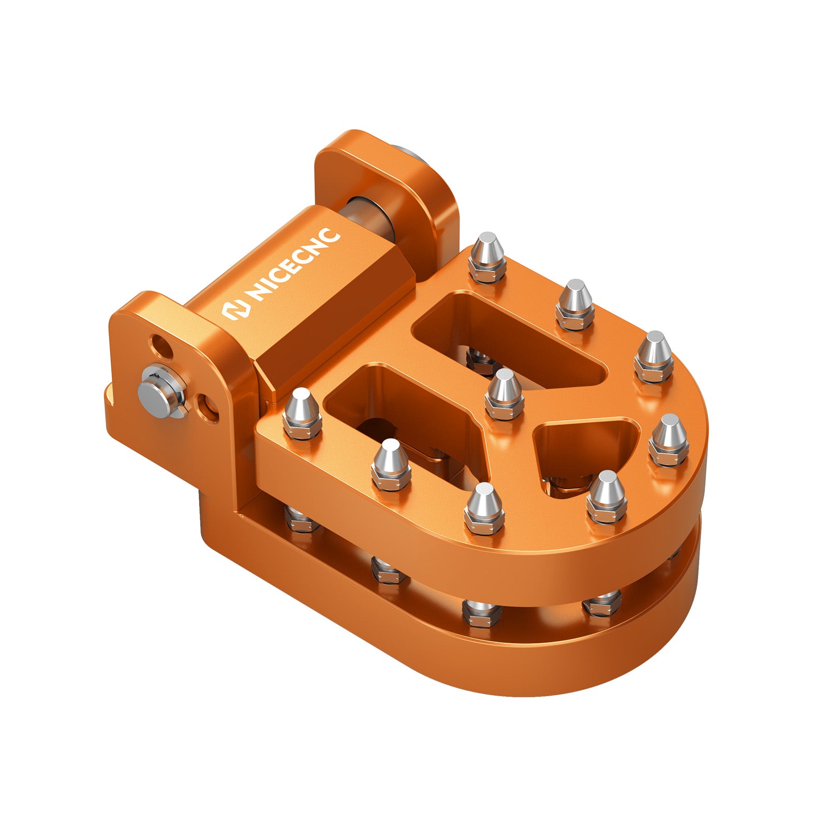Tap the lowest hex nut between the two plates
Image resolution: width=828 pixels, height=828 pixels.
[481, 613]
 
